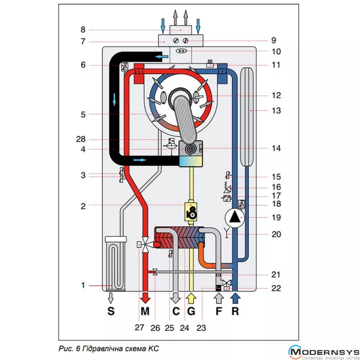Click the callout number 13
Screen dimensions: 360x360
276,111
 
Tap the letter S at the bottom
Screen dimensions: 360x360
111,311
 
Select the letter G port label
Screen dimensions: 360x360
191,311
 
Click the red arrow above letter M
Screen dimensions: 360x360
145,297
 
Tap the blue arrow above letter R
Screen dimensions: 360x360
235,298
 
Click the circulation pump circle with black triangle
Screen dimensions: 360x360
235,217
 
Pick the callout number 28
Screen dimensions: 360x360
83,139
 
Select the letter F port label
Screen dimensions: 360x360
219,311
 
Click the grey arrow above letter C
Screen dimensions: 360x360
176,298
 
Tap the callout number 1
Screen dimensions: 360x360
83,285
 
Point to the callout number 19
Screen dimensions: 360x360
276,217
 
